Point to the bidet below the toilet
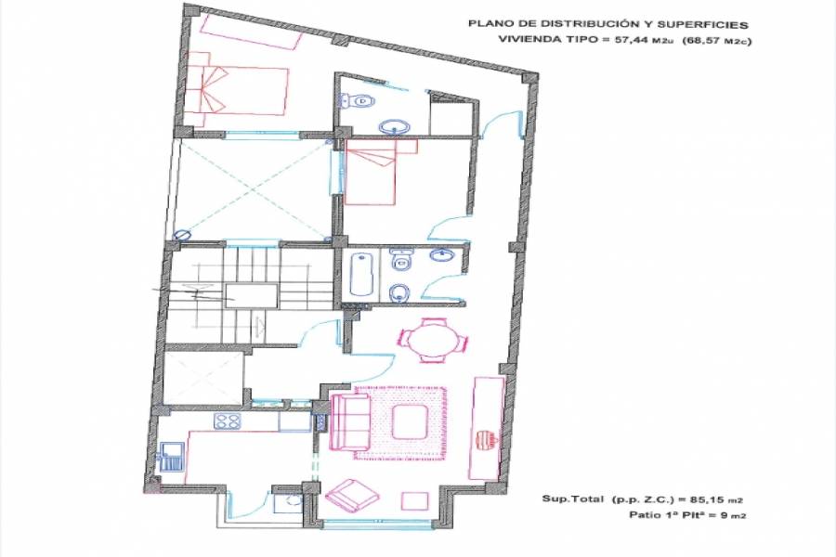point(398,292)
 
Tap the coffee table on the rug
point(410,421)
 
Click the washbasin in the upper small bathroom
point(395,127)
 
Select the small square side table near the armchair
point(415,501)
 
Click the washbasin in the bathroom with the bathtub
point(442,255)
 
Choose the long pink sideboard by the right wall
point(488,429)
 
